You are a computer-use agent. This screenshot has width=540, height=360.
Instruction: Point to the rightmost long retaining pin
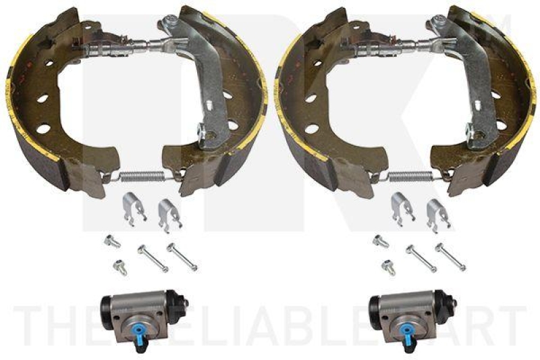pyautogui.click(x=450, y=257)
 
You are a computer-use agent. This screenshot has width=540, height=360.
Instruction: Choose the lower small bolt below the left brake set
pyautogui.click(x=119, y=267)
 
